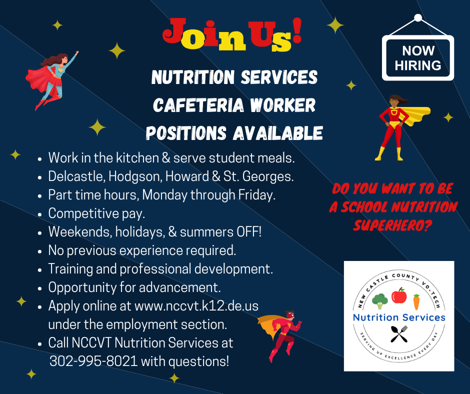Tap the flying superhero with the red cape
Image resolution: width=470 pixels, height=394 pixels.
pos(51,79)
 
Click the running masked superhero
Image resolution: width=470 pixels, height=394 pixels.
pos(280,335)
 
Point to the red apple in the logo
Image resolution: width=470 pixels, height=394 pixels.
pos(398,295)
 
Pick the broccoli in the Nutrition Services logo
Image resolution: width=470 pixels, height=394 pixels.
pos(379,301)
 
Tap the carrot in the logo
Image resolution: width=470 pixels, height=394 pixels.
pos(416,302)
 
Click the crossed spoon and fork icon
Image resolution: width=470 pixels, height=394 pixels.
pos(399,334)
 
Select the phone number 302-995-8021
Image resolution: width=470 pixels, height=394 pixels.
pos(93,361)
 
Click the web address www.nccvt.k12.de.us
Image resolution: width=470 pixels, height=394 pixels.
pos(196,306)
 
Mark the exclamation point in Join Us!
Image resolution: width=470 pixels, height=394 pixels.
pos(296,30)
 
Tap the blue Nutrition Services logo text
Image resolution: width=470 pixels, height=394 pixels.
pos(399,317)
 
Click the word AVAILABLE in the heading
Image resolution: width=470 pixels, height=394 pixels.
pos(278,133)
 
